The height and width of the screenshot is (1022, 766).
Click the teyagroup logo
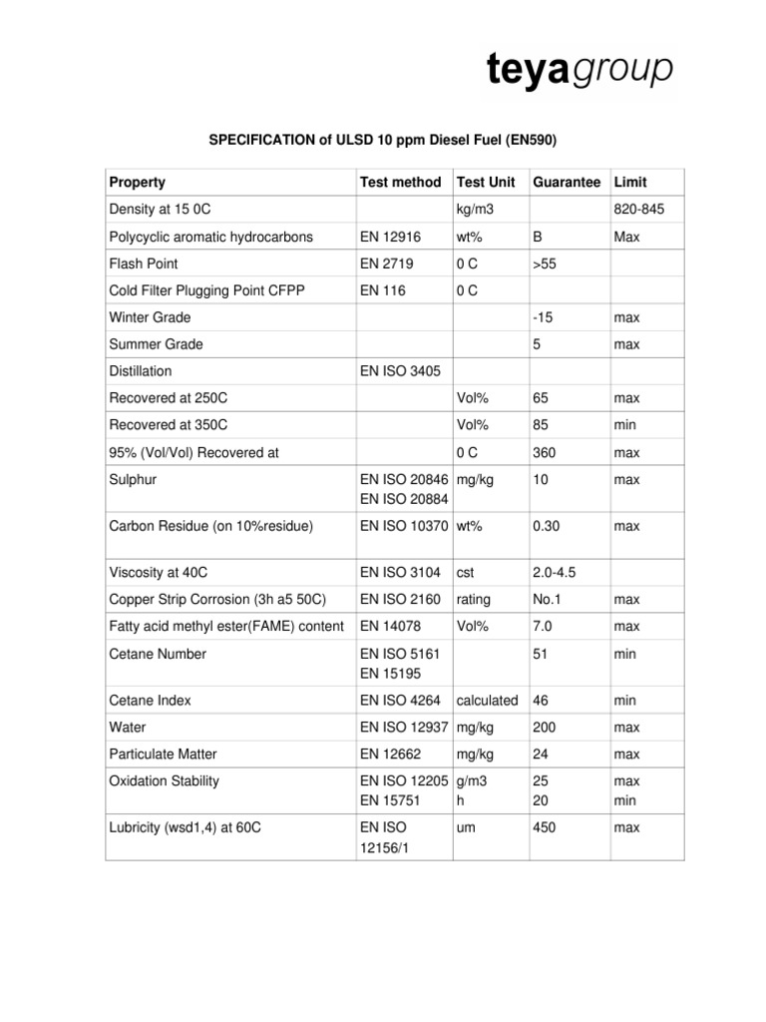point(579,71)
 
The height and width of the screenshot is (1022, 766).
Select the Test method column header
point(399,183)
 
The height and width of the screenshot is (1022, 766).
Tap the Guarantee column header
point(567,183)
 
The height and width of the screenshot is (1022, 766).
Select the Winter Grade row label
point(150,317)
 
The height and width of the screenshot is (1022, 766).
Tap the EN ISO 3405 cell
point(399,371)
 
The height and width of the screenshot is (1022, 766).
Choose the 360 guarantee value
point(546,452)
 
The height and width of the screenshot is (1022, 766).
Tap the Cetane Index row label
point(151,701)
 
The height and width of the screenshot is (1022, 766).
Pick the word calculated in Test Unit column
point(488,701)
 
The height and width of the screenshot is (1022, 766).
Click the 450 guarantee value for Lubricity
point(546,827)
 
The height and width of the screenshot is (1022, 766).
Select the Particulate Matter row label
point(163,755)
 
